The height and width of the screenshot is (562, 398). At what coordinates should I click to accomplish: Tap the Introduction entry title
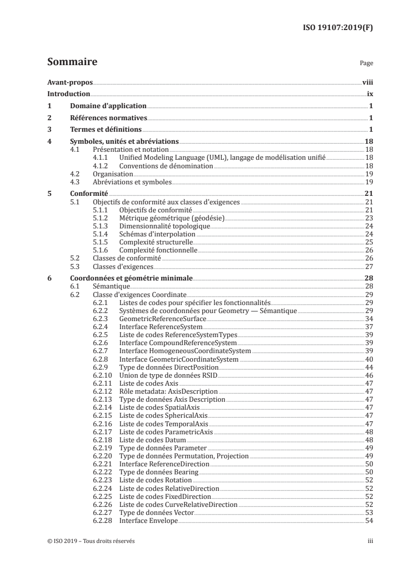[68, 94]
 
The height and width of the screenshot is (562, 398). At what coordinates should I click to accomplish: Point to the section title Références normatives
[108, 118]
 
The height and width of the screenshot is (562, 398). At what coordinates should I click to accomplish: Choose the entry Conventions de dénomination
[166, 165]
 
